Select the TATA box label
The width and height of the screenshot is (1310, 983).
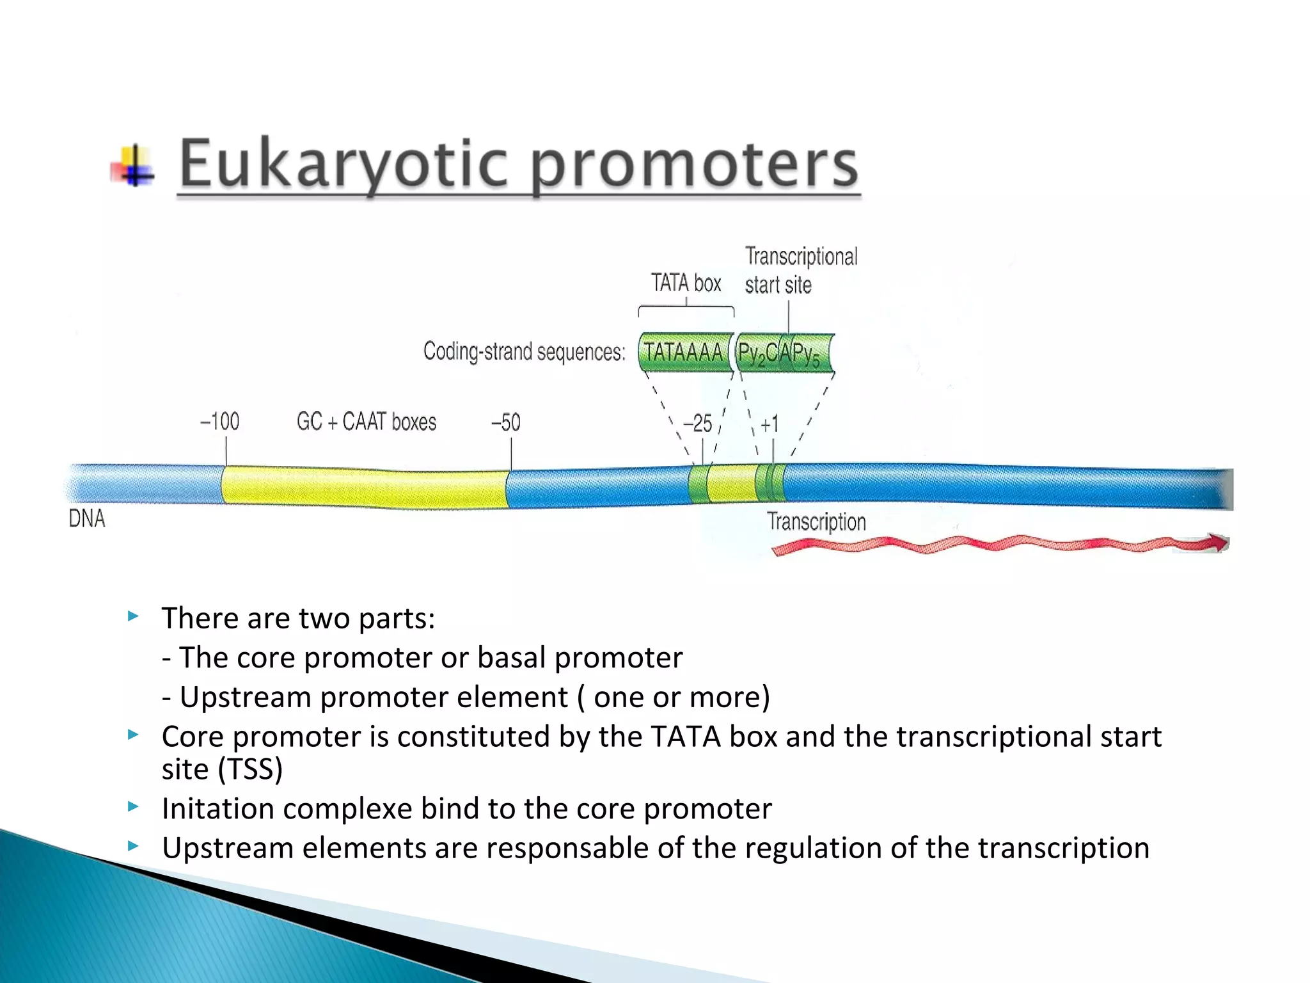(x=686, y=284)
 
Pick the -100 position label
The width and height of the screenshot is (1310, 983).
(x=219, y=422)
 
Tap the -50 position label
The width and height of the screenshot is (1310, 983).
(x=505, y=422)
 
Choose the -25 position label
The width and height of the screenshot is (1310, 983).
(x=697, y=424)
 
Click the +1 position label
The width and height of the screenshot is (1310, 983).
(x=769, y=424)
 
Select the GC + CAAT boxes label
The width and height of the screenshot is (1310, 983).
(x=366, y=422)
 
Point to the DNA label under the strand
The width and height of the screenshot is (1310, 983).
(x=86, y=518)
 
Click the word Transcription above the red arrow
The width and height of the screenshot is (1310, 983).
(x=816, y=522)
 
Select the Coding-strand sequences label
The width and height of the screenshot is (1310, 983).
(x=524, y=352)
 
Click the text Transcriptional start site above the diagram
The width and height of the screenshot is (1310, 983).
(x=800, y=271)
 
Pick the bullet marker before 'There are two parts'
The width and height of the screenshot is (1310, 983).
(x=133, y=617)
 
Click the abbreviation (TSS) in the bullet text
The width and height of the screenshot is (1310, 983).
(x=250, y=769)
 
